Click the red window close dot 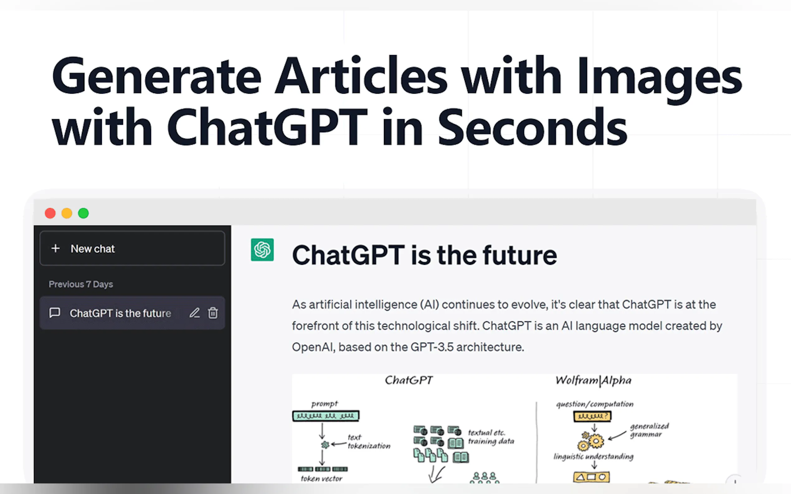pos(50,213)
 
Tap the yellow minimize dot pos(67,213)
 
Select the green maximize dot pos(83,213)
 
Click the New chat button pos(132,249)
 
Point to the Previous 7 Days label pos(81,284)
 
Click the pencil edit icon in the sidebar pos(195,313)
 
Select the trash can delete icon pos(213,313)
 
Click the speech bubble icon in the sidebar pos(54,313)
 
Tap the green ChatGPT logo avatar pos(262,250)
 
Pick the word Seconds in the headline pos(532,128)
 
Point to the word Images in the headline pos(659,80)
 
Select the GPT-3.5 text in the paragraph pos(432,347)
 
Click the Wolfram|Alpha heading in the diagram pos(594,381)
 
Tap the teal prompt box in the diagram pos(326,416)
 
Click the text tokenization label pos(369,442)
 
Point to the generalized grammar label pos(649,430)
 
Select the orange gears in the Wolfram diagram pos(590,441)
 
